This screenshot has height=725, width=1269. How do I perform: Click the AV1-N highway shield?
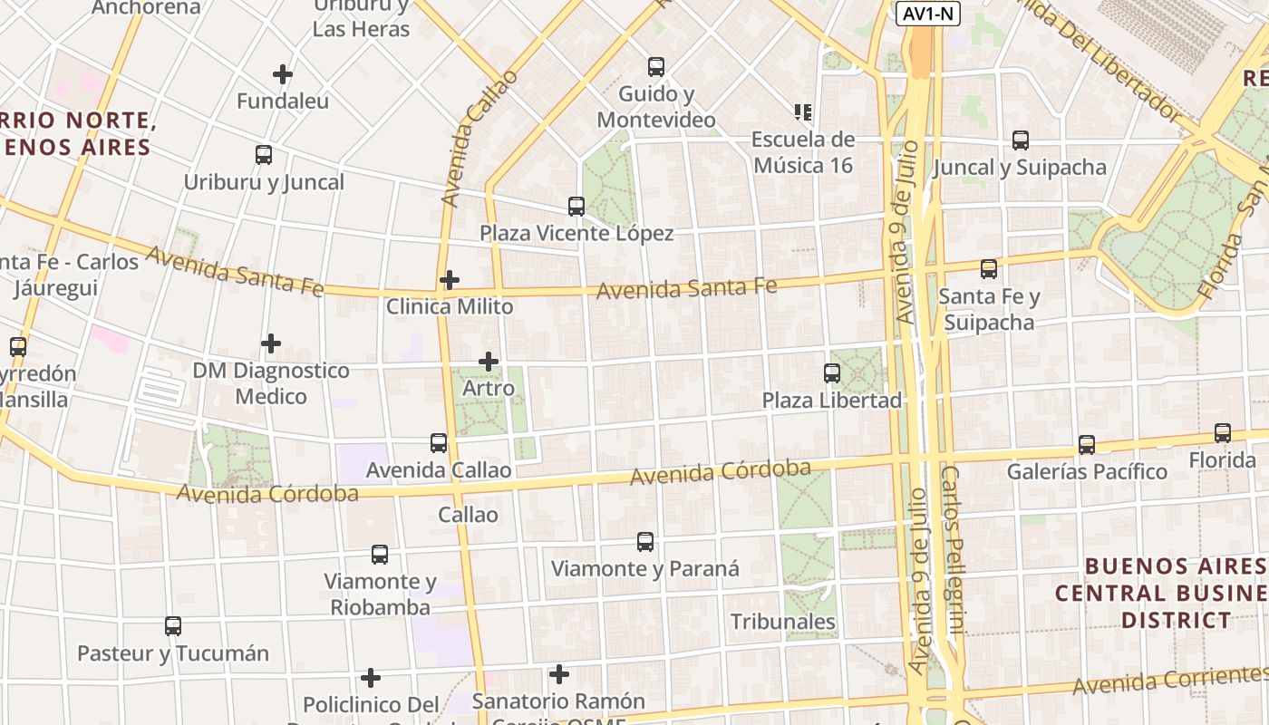tap(927, 14)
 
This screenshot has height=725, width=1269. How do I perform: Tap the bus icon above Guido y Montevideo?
tap(655, 67)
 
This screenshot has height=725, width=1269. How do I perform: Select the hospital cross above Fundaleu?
tap(283, 74)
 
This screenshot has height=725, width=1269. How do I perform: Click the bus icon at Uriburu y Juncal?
tap(264, 155)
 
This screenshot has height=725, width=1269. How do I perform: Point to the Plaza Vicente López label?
tap(576, 234)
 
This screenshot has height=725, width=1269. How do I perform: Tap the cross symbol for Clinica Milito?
tap(450, 280)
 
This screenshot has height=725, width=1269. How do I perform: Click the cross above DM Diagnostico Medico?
tap(271, 343)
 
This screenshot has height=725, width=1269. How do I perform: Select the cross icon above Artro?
tap(489, 362)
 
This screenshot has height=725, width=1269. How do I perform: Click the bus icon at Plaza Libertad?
tap(831, 372)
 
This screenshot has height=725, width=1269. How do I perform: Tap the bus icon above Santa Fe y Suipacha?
tap(988, 269)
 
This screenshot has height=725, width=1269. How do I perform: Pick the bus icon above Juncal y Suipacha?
tap(1020, 140)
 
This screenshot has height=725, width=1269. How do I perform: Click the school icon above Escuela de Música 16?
tap(802, 112)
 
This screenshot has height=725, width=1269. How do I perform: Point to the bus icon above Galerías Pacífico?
tap(1087, 445)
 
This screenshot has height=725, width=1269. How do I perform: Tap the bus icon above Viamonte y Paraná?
tap(644, 542)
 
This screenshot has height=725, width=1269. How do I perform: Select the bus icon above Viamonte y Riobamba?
tap(380, 554)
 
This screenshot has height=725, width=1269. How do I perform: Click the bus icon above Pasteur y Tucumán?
tap(173, 625)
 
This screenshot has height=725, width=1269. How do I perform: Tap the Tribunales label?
tap(783, 622)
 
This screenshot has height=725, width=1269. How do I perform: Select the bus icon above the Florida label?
tap(1223, 433)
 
